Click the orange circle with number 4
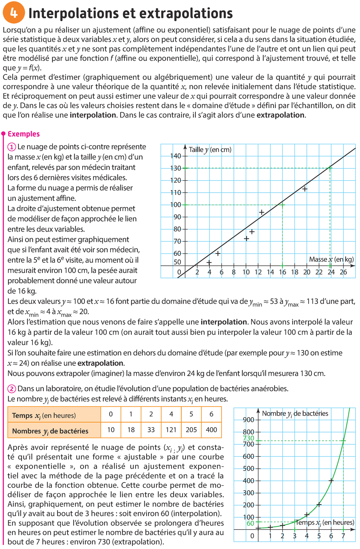(x=14, y=13)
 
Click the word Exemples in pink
(x=24, y=134)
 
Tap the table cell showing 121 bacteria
(x=171, y=430)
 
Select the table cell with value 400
(x=211, y=430)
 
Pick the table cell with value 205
(x=191, y=430)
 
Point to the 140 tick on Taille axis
(x=176, y=156)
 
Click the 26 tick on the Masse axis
(x=343, y=272)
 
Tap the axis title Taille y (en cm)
(x=210, y=149)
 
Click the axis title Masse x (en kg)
(x=331, y=259)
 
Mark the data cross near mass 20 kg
(x=305, y=189)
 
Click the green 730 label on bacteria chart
(x=248, y=438)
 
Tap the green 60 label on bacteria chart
(x=250, y=523)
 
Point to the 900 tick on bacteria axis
(x=248, y=420)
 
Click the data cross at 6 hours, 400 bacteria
(x=331, y=481)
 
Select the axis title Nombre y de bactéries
(x=295, y=414)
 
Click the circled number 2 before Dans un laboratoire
(x=12, y=389)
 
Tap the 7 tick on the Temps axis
(x=343, y=536)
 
